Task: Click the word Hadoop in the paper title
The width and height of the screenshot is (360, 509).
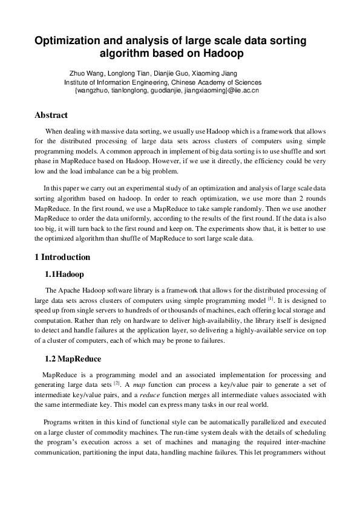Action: tap(222, 54)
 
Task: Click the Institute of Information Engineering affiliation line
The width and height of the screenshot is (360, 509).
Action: tap(163, 82)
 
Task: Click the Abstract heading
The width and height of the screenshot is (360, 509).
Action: tap(51, 115)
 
